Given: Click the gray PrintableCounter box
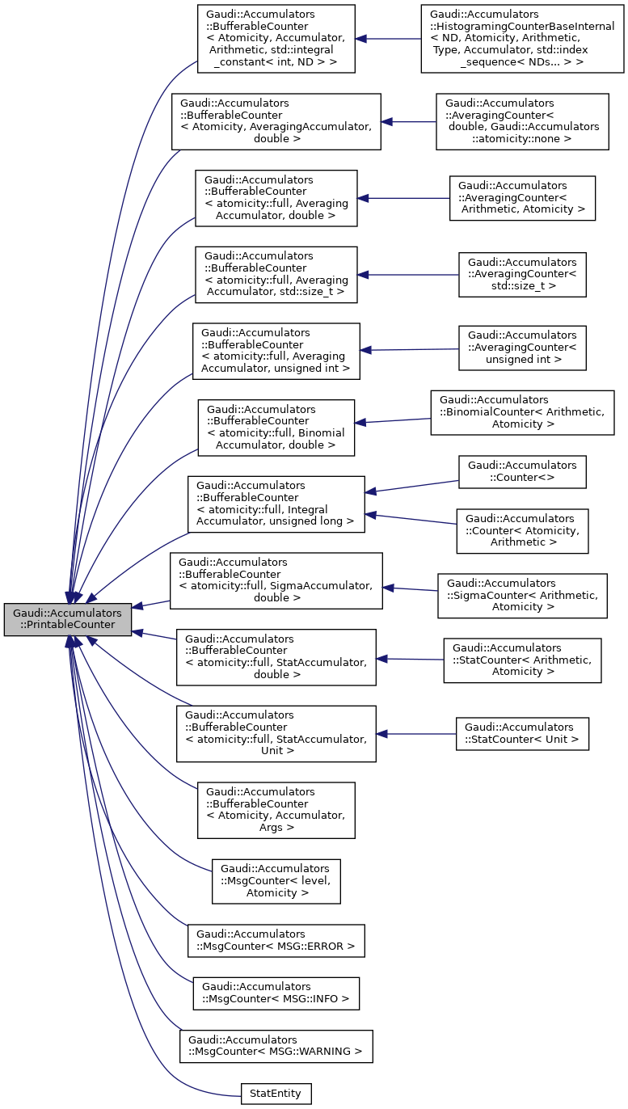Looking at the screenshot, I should pyautogui.click(x=67, y=619).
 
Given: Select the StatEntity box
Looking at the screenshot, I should pyautogui.click(x=276, y=1094).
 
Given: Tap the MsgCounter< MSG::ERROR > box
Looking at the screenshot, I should pyautogui.click(x=276, y=940).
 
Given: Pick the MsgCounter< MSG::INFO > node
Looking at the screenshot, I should pyautogui.click(x=276, y=993).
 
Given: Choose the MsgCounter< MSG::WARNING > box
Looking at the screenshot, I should pyautogui.click(x=276, y=1046).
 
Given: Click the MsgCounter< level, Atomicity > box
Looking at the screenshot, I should pyautogui.click(x=276, y=881).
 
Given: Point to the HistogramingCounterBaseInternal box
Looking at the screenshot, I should pyautogui.click(x=522, y=38).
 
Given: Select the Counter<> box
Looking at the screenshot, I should pyautogui.click(x=522, y=472).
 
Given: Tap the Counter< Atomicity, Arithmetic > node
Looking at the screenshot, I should pyautogui.click(x=522, y=531).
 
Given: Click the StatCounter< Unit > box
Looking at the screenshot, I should pyautogui.click(x=522, y=733).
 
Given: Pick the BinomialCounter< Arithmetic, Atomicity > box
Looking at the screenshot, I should pyautogui.click(x=522, y=412).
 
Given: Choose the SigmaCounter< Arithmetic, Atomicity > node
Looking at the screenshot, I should pyautogui.click(x=522, y=596).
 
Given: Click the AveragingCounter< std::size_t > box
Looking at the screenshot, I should pyautogui.click(x=522, y=275).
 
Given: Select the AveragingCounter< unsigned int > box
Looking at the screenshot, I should pyautogui.click(x=522, y=348).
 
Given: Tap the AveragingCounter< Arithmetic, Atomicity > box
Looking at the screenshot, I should pyautogui.click(x=522, y=198).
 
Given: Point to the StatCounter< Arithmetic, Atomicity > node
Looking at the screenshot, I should pyautogui.click(x=522, y=660).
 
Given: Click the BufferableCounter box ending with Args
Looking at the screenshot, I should pyautogui.click(x=276, y=810).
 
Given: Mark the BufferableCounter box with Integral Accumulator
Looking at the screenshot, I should pyautogui.click(x=276, y=504).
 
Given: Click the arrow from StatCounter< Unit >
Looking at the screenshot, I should pyautogui.click(x=416, y=733).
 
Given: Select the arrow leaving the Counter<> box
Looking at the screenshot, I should pyautogui.click(x=412, y=486).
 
